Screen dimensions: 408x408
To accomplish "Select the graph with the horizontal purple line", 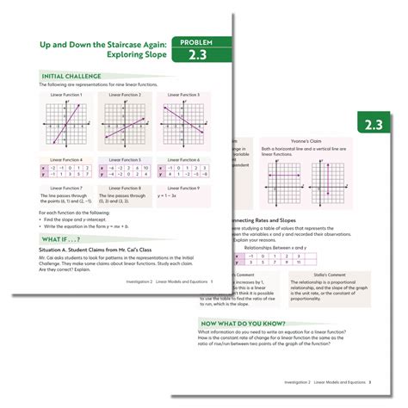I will [x=280, y=187].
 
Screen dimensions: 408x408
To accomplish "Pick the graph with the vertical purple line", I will [x=325, y=187].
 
